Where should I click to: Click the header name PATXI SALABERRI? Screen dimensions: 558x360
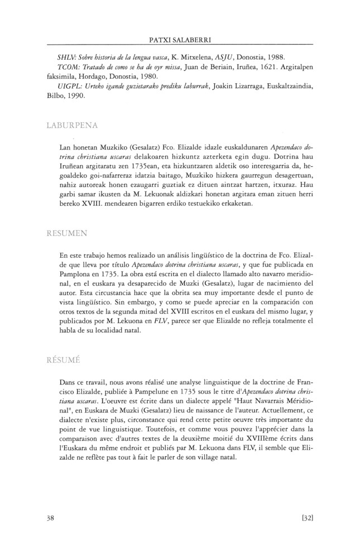(x=180, y=40)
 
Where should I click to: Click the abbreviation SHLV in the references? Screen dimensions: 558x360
(x=69, y=58)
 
